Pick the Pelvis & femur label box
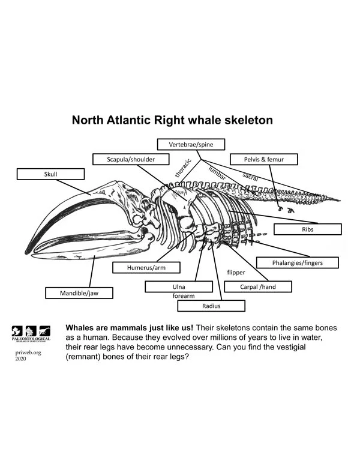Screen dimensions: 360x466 (263, 159)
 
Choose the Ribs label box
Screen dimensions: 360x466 (308, 229)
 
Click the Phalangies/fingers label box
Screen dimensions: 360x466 (297, 262)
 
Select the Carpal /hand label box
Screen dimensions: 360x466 (258, 286)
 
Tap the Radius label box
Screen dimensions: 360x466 (212, 306)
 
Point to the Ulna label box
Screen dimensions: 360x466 (178, 287)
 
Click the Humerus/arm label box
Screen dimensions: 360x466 (146, 267)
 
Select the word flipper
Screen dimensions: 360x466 (236, 272)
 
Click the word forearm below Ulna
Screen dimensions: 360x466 (184, 296)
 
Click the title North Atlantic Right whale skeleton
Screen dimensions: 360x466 (172, 120)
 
